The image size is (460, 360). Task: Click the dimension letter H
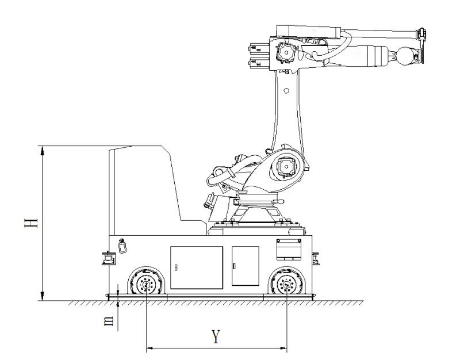pyautogui.click(x=31, y=223)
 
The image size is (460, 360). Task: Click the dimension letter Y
pyautogui.click(x=216, y=336)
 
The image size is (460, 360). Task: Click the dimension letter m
pyautogui.click(x=109, y=321)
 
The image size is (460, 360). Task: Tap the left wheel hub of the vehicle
pyautogui.click(x=146, y=284)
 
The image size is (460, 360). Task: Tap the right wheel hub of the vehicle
pyautogui.click(x=287, y=284)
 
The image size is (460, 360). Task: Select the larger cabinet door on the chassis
pyautogui.click(x=197, y=267)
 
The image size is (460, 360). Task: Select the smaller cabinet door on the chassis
pyautogui.click(x=246, y=266)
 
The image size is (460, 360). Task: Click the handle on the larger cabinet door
pyautogui.click(x=176, y=267)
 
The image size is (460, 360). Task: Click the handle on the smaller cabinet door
pyautogui.click(x=234, y=266)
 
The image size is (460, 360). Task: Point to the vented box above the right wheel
pyautogui.click(x=289, y=250)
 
